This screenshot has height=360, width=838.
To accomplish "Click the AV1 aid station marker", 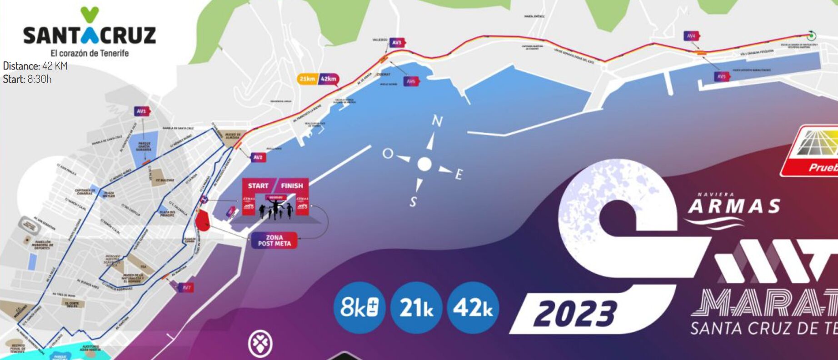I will pyautogui.click(x=142, y=111).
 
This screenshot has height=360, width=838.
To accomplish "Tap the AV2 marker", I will pyautogui.click(x=258, y=157).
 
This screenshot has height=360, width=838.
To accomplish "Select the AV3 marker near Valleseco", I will pyautogui.click(x=397, y=42).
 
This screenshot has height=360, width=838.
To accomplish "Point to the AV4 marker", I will pyautogui.click(x=691, y=36).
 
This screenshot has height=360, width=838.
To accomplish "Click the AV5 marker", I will pyautogui.click(x=722, y=76).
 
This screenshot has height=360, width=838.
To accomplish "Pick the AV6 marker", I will pyautogui.click(x=411, y=81).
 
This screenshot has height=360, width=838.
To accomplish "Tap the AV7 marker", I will pyautogui.click(x=186, y=287).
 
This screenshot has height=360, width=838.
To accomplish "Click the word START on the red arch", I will pyautogui.click(x=258, y=185).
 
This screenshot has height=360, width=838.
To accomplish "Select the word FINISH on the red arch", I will pyautogui.click(x=292, y=185).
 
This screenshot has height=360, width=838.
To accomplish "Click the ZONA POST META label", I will pyautogui.click(x=274, y=240).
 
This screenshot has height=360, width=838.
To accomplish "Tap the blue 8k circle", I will pyautogui.click(x=359, y=308).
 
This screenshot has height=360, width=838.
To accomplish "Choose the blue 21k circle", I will pyautogui.click(x=416, y=308).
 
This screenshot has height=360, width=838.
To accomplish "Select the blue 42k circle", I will pyautogui.click(x=473, y=308).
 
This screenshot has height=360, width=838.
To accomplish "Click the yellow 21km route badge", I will pyautogui.click(x=307, y=79).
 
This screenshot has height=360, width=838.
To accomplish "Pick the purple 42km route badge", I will pyautogui.click(x=329, y=79).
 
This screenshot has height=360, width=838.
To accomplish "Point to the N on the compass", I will pyautogui.click(x=437, y=121).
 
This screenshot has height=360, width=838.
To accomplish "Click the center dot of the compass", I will pyautogui.click(x=424, y=164).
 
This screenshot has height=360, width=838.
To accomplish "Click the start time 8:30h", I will pyautogui.click(x=39, y=79).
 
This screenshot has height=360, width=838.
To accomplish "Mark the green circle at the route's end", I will pyautogui.click(x=811, y=36).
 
